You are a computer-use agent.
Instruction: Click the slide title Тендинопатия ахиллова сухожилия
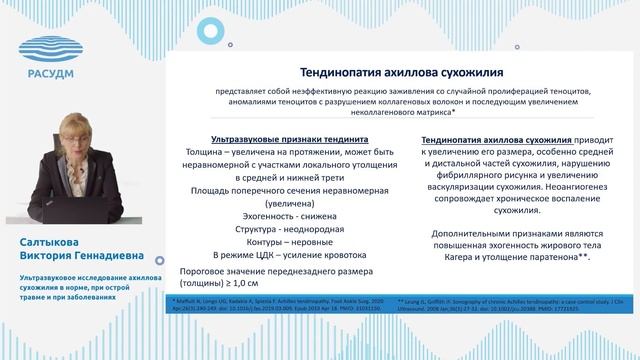[x=395, y=72]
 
